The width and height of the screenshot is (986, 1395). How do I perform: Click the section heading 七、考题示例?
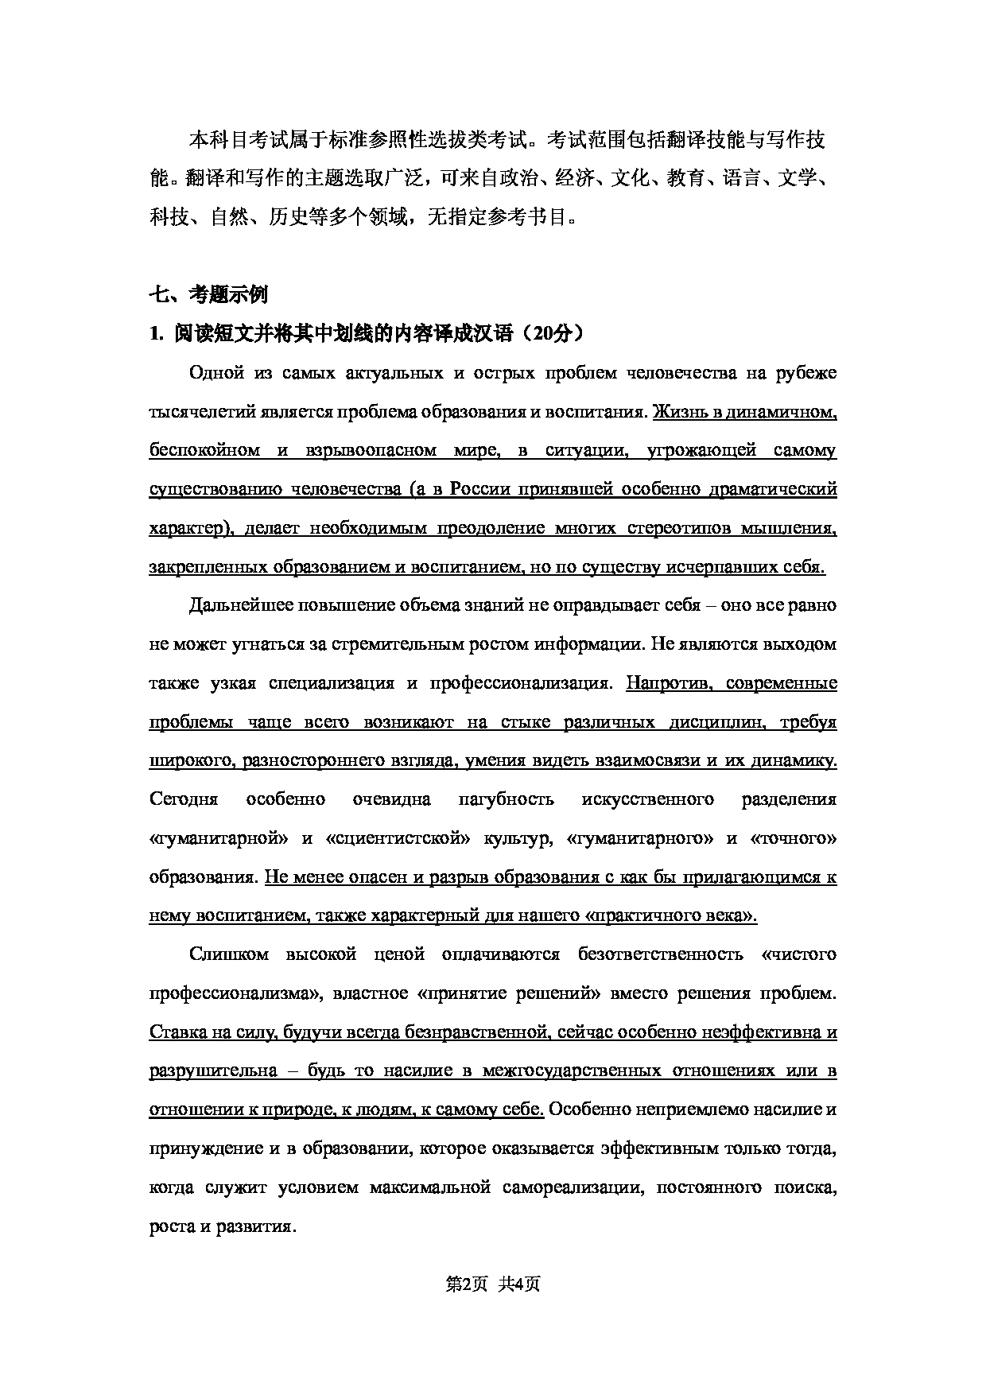point(208,294)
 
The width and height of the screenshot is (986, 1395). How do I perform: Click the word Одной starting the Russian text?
point(213,372)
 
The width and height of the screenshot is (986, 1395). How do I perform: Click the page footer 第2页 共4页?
point(493,1284)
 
